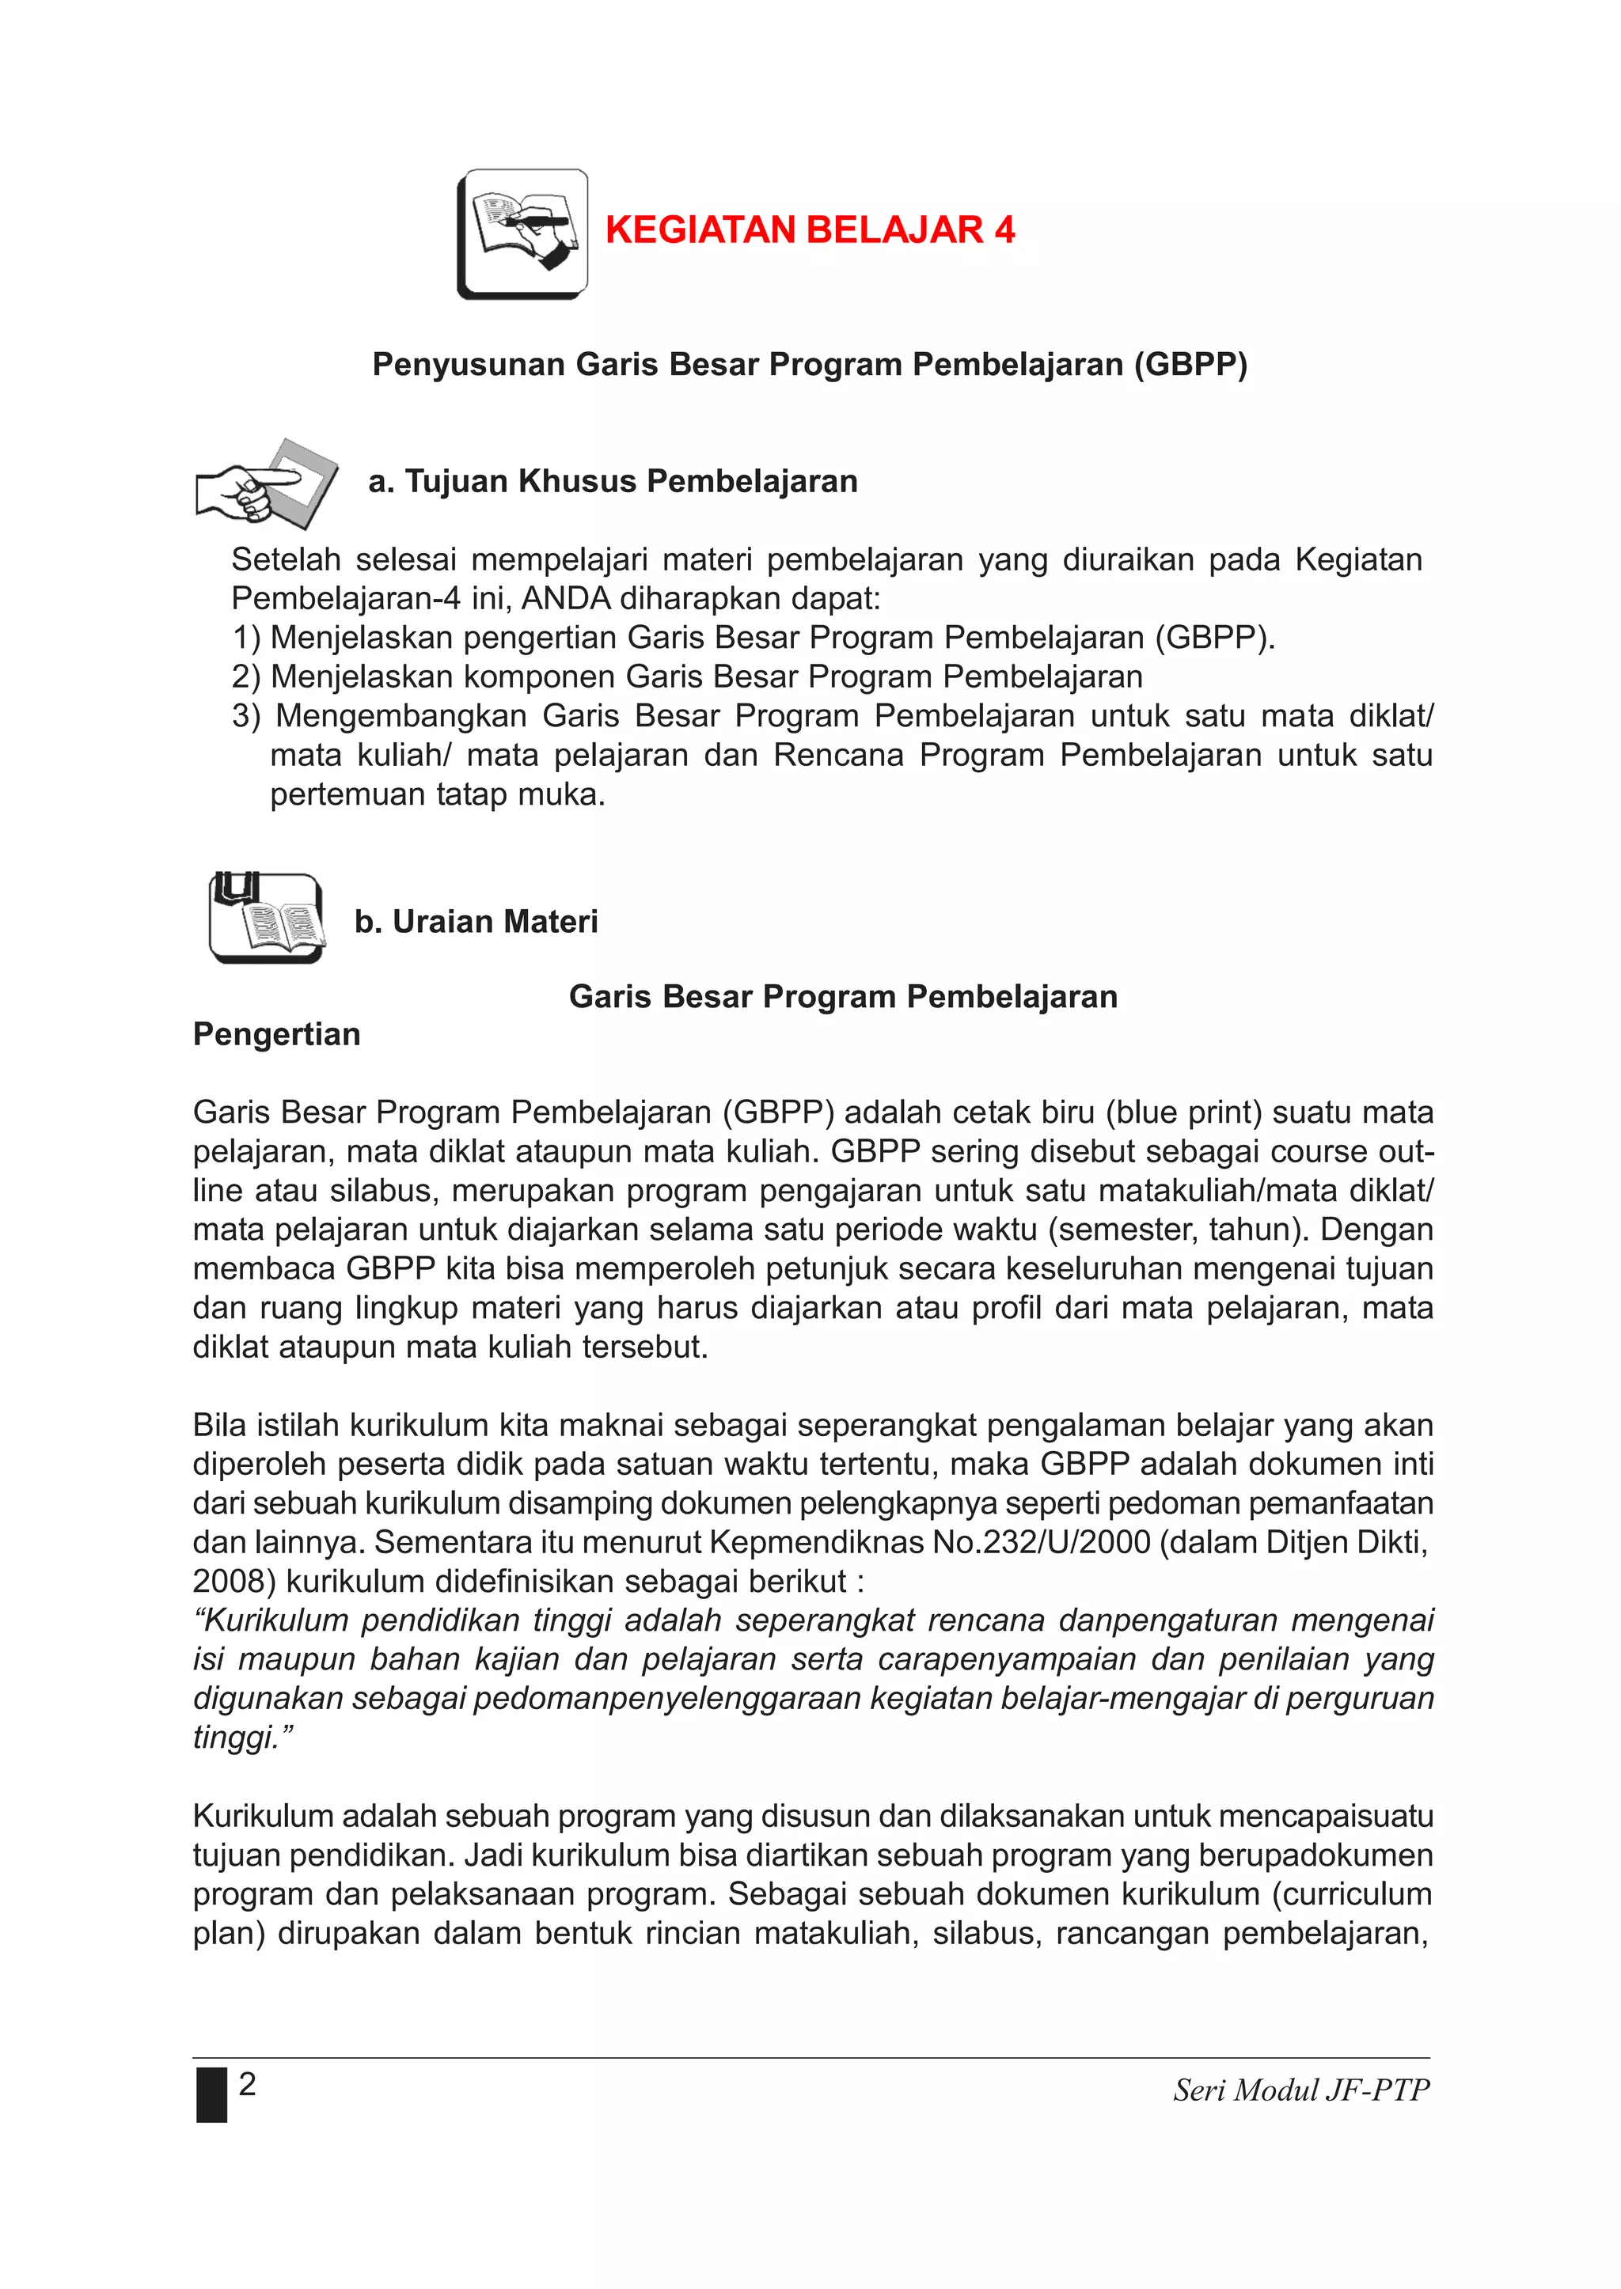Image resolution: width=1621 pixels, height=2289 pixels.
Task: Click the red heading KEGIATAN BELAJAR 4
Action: pyautogui.click(x=810, y=230)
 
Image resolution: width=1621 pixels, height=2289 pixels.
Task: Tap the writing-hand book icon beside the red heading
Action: pyautogui.click(x=522, y=234)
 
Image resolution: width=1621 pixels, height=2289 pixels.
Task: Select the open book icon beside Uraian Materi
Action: pyautogui.click(x=265, y=918)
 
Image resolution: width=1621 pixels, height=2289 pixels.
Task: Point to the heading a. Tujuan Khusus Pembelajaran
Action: pyautogui.click(x=613, y=482)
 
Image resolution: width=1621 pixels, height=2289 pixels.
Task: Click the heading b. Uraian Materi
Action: pyautogui.click(x=476, y=922)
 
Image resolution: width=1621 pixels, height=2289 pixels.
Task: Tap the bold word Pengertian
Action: pyautogui.click(x=276, y=1035)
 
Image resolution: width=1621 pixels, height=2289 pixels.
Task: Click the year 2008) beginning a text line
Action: pyautogui.click(x=234, y=1582)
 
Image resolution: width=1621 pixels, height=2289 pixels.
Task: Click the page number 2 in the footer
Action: pyautogui.click(x=248, y=2083)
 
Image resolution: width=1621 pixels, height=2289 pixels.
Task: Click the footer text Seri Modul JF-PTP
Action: pyautogui.click(x=1300, y=2090)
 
